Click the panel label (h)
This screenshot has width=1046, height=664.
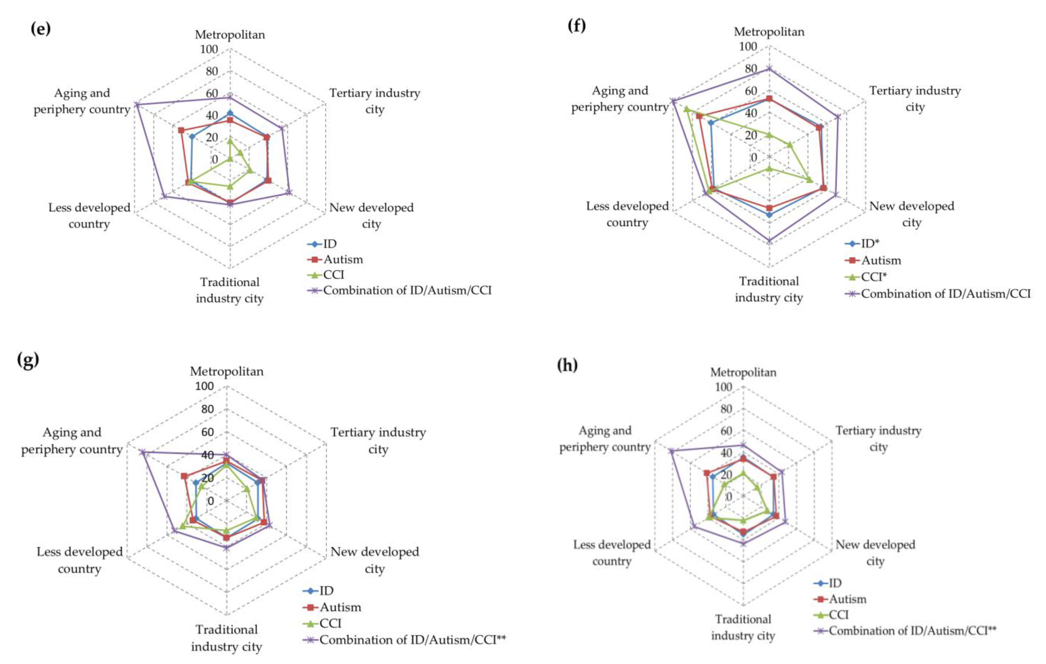567,365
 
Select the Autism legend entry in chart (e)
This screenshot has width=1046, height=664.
343,260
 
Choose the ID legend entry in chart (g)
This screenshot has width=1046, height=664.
326,591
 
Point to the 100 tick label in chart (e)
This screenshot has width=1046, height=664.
209,49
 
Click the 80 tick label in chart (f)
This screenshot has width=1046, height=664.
750,69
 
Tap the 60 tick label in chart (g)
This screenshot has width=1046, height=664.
204,432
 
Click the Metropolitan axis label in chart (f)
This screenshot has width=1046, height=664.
769,32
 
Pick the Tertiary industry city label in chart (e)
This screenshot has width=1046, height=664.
374,101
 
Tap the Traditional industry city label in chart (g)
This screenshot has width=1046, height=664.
226,638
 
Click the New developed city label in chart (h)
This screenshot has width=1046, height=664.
875,552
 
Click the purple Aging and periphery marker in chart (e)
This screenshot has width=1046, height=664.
136,105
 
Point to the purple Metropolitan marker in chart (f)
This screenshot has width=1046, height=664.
769,68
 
